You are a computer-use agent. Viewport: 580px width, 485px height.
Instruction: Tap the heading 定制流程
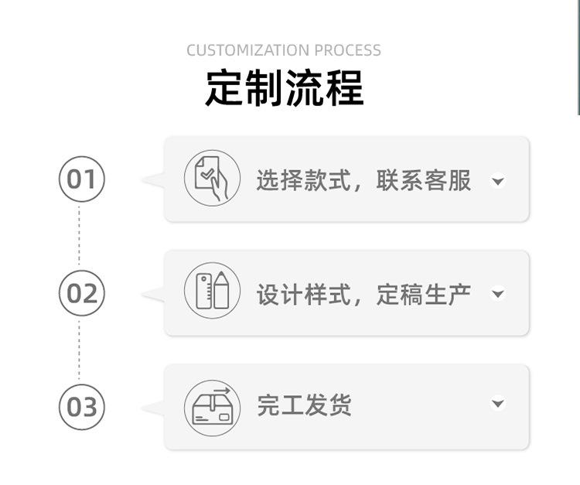(x=285, y=88)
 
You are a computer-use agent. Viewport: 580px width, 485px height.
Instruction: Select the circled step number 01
(x=81, y=179)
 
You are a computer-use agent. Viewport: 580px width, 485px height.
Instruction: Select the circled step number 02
(x=81, y=293)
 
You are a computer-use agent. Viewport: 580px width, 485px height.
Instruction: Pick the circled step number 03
(x=81, y=406)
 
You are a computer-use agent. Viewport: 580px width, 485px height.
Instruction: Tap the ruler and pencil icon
(x=212, y=292)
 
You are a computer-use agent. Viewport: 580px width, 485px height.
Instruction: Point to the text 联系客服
(x=424, y=180)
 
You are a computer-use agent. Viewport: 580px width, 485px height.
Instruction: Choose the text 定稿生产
(x=424, y=294)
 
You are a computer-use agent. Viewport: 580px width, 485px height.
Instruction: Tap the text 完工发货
(x=304, y=405)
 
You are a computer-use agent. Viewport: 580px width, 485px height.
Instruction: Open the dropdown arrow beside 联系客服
(x=498, y=182)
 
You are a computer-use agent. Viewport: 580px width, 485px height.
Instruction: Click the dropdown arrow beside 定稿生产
(x=498, y=294)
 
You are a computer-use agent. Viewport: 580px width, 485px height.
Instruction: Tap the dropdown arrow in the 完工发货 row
(x=498, y=404)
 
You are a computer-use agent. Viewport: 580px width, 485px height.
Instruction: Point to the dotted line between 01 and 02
(x=79, y=236)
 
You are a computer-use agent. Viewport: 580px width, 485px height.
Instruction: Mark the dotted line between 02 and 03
(x=79, y=350)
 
